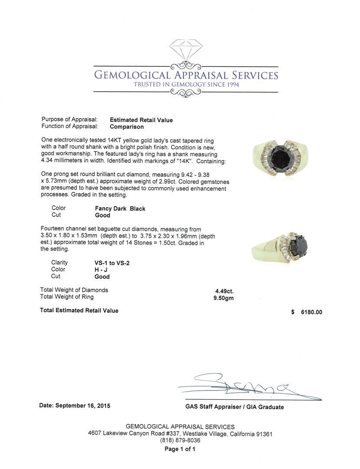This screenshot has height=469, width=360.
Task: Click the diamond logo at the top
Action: pos(185,52)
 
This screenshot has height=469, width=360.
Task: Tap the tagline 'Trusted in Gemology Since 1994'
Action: pos(186,84)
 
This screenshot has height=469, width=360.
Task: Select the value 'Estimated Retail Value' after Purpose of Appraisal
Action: pos(141,120)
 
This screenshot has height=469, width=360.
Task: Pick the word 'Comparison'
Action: pos(127,127)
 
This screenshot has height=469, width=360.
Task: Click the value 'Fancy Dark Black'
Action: pos(120,208)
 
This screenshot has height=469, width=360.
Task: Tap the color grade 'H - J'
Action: pos(101,270)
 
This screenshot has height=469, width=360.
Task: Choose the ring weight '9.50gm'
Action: pos(224,298)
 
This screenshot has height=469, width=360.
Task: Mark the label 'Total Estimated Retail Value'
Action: pos(79,310)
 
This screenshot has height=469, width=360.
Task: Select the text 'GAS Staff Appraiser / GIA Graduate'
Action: pos(234,407)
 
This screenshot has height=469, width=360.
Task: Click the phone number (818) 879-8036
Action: pos(180,440)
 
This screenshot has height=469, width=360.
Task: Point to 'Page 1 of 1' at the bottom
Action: pos(180,449)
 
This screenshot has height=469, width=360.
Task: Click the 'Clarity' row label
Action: pos(59,263)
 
